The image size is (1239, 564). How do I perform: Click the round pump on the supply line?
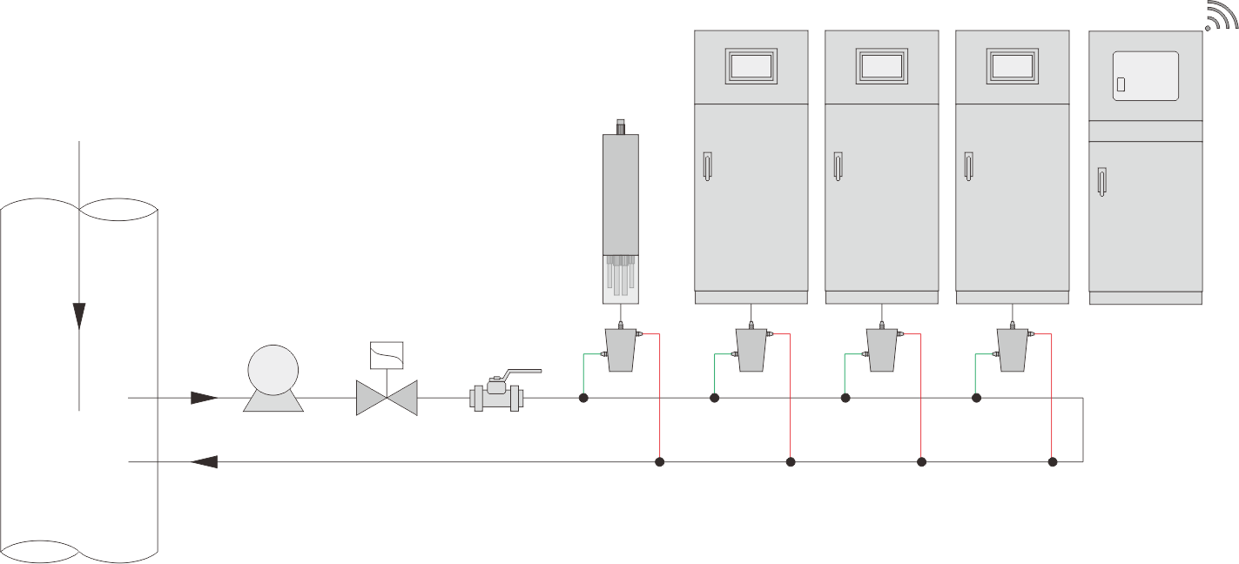(273, 372)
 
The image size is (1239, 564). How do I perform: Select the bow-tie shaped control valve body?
(387, 398)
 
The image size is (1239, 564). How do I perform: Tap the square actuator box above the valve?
(387, 356)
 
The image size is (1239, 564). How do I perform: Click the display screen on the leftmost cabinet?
(751, 66)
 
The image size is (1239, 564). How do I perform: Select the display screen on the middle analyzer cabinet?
(881, 66)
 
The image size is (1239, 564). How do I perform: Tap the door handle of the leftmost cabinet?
(706, 165)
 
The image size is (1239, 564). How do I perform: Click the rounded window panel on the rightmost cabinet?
(1146, 76)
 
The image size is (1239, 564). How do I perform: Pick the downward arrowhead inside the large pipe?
(79, 314)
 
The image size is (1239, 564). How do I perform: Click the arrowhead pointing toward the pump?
(203, 398)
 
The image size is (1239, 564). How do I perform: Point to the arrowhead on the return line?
(204, 461)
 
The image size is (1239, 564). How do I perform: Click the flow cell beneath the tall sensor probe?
(620, 350)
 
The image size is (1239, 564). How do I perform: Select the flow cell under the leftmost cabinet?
(751, 350)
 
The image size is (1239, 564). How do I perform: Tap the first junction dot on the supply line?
(583, 398)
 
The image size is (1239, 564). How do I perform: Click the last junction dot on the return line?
(1052, 461)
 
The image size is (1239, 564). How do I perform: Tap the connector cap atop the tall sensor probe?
(620, 127)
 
